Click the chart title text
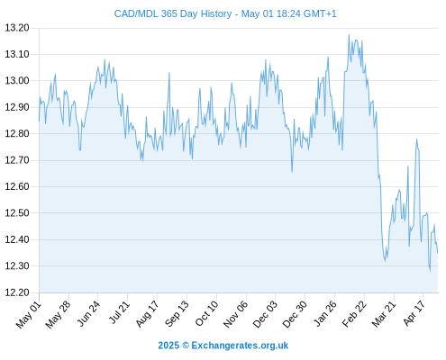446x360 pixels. coord(225,13)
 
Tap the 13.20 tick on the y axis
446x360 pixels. coord(17,28)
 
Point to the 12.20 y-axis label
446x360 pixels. coord(17,292)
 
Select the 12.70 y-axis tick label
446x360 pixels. coord(17,160)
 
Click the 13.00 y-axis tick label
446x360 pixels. coord(17,81)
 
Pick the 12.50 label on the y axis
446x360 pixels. coord(17,213)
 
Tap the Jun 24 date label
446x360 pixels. coord(88,313)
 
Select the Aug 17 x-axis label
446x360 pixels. coord(147,314)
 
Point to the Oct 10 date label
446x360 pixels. coord(206,313)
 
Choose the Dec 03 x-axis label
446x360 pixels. coord(265,314)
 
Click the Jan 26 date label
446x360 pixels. coord(324,313)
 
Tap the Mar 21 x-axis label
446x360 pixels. coord(383,314)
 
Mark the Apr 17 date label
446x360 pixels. coord(414,313)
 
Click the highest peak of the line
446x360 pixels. coord(349,35)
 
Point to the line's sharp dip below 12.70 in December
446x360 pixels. coord(292,172)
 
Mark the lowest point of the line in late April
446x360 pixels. coord(430,271)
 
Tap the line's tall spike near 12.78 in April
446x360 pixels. coord(417,139)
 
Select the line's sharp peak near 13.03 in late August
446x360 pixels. coord(169,73)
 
